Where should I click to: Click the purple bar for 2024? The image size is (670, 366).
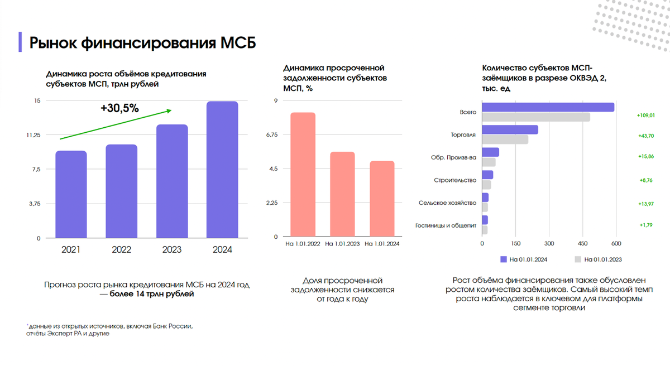pos(222,170)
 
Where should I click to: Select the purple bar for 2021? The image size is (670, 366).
pos(71,194)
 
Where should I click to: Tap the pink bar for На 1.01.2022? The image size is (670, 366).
pos(303,175)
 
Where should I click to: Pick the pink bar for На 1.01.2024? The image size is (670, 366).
pos(382,199)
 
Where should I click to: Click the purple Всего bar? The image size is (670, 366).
pos(548,107)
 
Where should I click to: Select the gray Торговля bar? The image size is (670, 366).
pos(505,139)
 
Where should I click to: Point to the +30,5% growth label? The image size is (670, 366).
pos(119,108)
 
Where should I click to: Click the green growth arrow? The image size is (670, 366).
pos(114,124)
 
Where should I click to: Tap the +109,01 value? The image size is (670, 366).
pos(645,115)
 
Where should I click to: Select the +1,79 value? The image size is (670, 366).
pos(646,225)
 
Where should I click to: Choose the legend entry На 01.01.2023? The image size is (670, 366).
pos(598,259)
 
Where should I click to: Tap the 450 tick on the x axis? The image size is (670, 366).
pos(582,244)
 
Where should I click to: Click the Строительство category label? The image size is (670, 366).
pos(454,180)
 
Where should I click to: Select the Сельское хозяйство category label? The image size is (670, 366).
pos(447,203)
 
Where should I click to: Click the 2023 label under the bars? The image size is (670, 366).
pos(171,250)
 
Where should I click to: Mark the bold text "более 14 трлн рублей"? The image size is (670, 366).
pos(151,294)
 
